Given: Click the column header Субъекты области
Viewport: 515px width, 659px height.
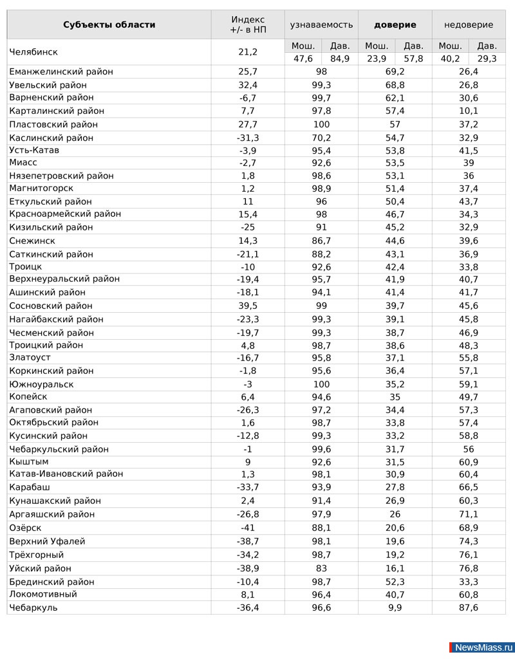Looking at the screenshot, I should [109, 25].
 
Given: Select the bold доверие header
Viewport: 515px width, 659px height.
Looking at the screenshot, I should [395, 25].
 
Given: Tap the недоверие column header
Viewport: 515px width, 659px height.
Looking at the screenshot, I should [469, 25].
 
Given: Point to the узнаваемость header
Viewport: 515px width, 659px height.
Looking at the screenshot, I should [321, 25].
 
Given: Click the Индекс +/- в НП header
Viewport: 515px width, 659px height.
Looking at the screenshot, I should [248, 25].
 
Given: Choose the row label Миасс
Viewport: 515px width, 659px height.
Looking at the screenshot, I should [24, 163].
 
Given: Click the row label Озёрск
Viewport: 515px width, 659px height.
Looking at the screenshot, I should [26, 528].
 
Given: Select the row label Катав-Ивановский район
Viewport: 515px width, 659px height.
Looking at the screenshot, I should [66, 474].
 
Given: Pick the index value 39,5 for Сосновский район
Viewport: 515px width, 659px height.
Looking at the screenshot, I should [248, 306].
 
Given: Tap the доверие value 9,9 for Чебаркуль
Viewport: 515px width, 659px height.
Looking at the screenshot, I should [395, 608].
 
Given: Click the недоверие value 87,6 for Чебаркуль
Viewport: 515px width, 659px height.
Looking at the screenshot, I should [469, 608].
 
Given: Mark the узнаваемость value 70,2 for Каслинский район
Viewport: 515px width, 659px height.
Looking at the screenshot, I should [321, 138].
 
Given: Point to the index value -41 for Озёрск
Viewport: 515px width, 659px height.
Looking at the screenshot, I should [248, 528].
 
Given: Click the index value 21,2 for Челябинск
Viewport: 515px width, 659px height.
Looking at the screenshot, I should [248, 52].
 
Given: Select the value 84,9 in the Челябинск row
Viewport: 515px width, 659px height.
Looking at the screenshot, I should [340, 59].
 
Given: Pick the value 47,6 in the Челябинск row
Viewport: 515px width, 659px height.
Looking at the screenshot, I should [303, 59].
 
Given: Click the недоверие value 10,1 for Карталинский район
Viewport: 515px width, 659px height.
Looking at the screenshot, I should [469, 111].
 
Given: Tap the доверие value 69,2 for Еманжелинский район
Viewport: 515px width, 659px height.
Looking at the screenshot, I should [395, 71].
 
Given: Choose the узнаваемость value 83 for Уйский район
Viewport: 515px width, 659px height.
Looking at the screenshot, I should [321, 568].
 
